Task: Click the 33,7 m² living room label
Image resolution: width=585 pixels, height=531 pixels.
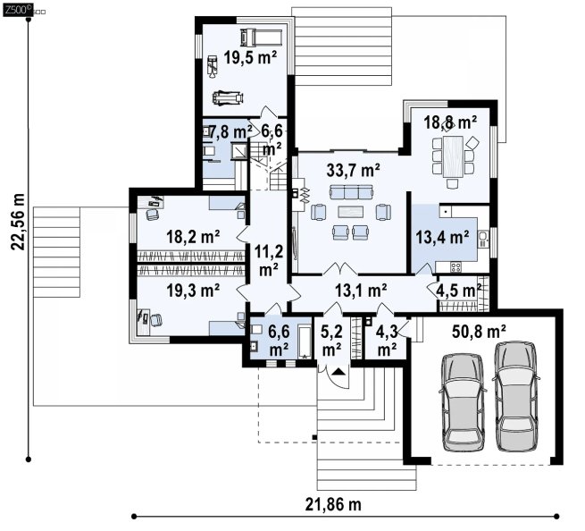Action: click(x=354, y=170)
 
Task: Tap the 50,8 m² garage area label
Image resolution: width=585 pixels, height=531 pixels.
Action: click(x=479, y=332)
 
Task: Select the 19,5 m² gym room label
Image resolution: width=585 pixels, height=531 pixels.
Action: click(x=250, y=57)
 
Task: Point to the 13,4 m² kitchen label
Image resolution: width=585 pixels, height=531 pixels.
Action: click(x=442, y=237)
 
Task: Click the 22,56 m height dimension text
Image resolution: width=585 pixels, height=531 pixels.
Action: click(x=18, y=222)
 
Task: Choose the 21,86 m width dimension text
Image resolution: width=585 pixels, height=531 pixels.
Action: click(x=333, y=505)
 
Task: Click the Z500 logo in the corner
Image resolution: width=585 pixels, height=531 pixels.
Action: click(x=18, y=10)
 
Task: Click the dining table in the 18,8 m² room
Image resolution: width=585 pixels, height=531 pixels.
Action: click(x=453, y=156)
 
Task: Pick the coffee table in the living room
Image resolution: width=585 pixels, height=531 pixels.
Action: click(x=350, y=212)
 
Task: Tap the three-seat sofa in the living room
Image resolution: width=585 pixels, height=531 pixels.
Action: click(x=351, y=192)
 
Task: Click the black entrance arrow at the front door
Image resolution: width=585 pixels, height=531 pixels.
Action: click(x=338, y=372)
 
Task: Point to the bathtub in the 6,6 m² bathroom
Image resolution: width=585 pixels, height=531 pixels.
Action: click(x=305, y=342)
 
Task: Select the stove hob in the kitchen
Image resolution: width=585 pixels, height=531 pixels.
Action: click(x=455, y=266)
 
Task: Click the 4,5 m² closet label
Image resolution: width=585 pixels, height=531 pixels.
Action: click(x=459, y=291)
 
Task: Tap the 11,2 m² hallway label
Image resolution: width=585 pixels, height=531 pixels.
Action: click(x=269, y=260)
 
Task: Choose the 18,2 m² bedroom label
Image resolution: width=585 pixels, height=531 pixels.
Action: click(x=193, y=236)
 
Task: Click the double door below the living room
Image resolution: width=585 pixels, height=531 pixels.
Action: click(x=339, y=268)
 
